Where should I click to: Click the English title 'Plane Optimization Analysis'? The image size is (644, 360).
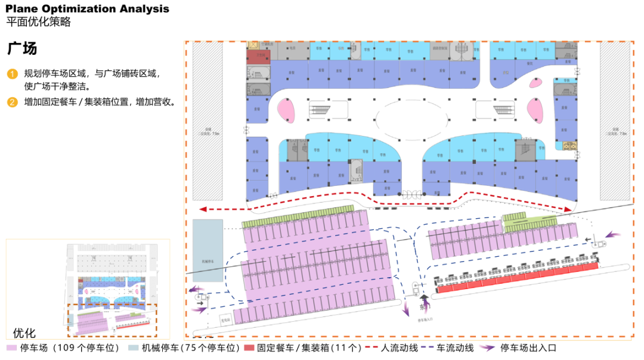tap(88, 9)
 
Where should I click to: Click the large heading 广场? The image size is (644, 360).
tap(22, 48)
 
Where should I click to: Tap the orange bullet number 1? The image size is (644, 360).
tap(13, 74)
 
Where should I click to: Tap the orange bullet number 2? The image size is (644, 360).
tap(13, 102)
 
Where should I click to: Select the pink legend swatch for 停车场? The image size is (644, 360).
tap(12, 348)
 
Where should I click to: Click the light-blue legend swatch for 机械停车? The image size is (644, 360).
tap(132, 348)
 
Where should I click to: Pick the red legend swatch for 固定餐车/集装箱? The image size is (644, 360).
tap(249, 348)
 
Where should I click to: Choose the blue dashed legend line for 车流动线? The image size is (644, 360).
tap(434, 348)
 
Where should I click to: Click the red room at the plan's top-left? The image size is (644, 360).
tap(259, 55)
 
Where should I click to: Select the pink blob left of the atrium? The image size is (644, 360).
tap(287, 110)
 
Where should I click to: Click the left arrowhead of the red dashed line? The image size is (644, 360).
tap(203, 209)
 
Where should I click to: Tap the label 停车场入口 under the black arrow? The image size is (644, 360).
tap(424, 319)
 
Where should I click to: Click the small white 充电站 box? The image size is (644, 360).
tap(225, 318)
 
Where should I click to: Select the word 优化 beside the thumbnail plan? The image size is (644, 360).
tap(24, 333)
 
